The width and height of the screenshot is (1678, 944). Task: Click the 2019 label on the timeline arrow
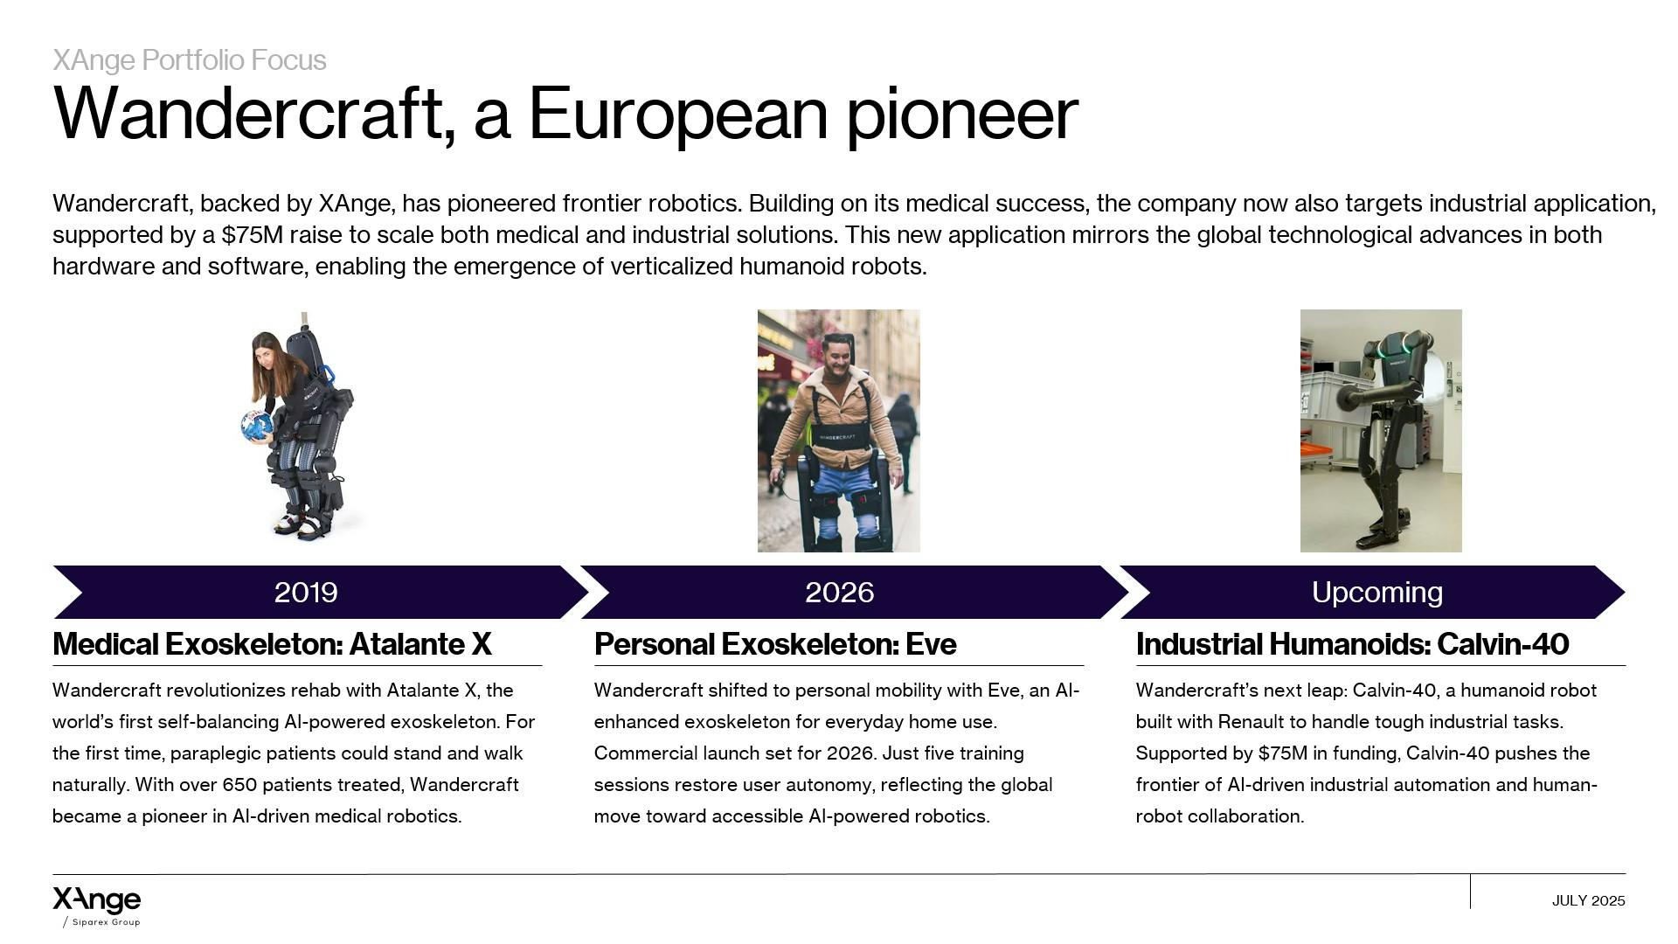coord(306,593)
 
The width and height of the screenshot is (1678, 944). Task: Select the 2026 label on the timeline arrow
coord(839,593)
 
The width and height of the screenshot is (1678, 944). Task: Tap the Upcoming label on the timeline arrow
coord(1376,593)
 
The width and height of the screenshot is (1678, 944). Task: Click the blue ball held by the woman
coord(257,426)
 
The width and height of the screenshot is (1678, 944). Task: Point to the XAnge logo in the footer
coord(96,900)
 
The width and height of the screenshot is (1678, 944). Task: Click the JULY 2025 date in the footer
coord(1588,900)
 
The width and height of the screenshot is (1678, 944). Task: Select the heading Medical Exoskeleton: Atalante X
coord(272,644)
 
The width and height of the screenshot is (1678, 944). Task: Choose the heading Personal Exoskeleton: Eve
coord(775,644)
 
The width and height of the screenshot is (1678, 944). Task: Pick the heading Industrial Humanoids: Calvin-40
coord(1352,644)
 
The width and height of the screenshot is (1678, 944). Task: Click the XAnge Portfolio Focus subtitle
coord(190,59)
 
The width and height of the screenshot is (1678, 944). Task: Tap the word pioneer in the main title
coord(962,114)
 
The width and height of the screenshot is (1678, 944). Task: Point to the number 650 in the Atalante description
coord(239,785)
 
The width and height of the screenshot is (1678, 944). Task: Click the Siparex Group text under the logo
coord(106,922)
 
